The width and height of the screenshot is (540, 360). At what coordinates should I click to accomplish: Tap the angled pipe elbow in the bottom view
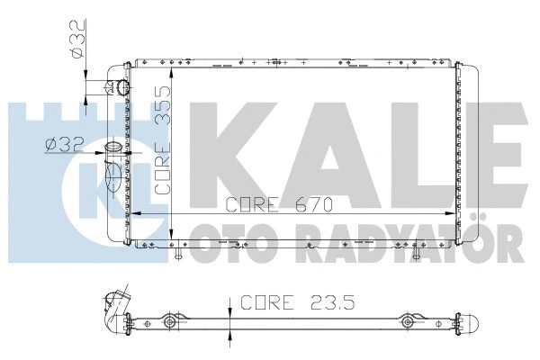pos(114,306)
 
